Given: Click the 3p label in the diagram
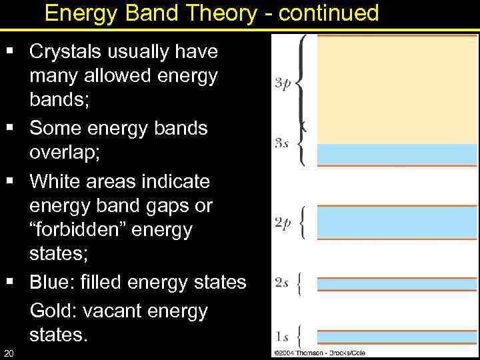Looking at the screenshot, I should [x=282, y=83].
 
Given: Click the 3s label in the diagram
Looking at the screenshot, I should [x=282, y=143].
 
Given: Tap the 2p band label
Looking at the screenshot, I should [x=282, y=223].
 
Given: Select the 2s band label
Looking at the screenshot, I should [x=282, y=283].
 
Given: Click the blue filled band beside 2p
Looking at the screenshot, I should [x=397, y=222].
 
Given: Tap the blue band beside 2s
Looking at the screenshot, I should [x=397, y=284].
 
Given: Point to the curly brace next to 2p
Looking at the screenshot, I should [x=303, y=222].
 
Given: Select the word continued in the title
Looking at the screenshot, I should [x=329, y=13].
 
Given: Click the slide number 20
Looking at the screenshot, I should [x=8, y=352].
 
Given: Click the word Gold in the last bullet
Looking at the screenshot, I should [x=53, y=311].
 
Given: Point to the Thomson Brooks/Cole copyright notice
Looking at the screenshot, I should [x=319, y=353].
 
